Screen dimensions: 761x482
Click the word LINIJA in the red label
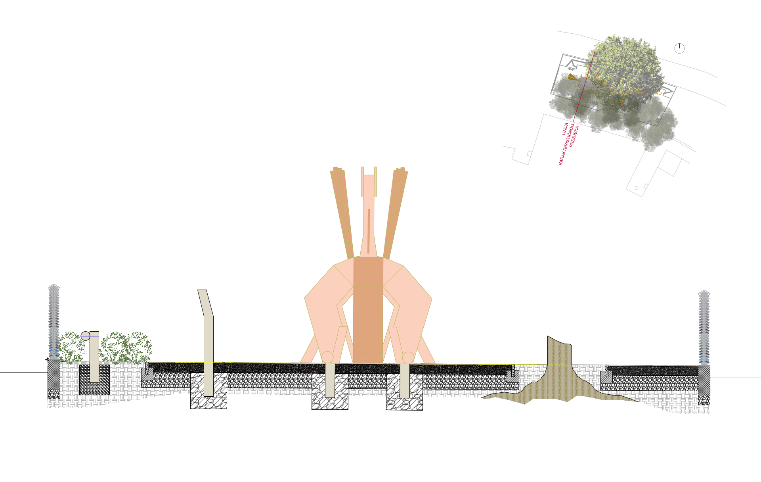coord(565,129)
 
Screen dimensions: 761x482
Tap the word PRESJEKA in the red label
coord(574,137)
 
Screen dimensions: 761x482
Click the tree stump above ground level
coord(559,351)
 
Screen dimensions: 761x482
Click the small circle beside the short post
coord(86,336)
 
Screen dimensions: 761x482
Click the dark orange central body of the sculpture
coord(368,309)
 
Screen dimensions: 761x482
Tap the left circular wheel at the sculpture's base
coord(327,357)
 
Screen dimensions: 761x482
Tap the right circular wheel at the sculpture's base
coord(408,357)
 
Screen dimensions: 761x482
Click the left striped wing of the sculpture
coord(342,213)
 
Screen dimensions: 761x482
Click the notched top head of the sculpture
coord(369,182)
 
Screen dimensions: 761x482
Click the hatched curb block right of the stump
coord(606,376)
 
